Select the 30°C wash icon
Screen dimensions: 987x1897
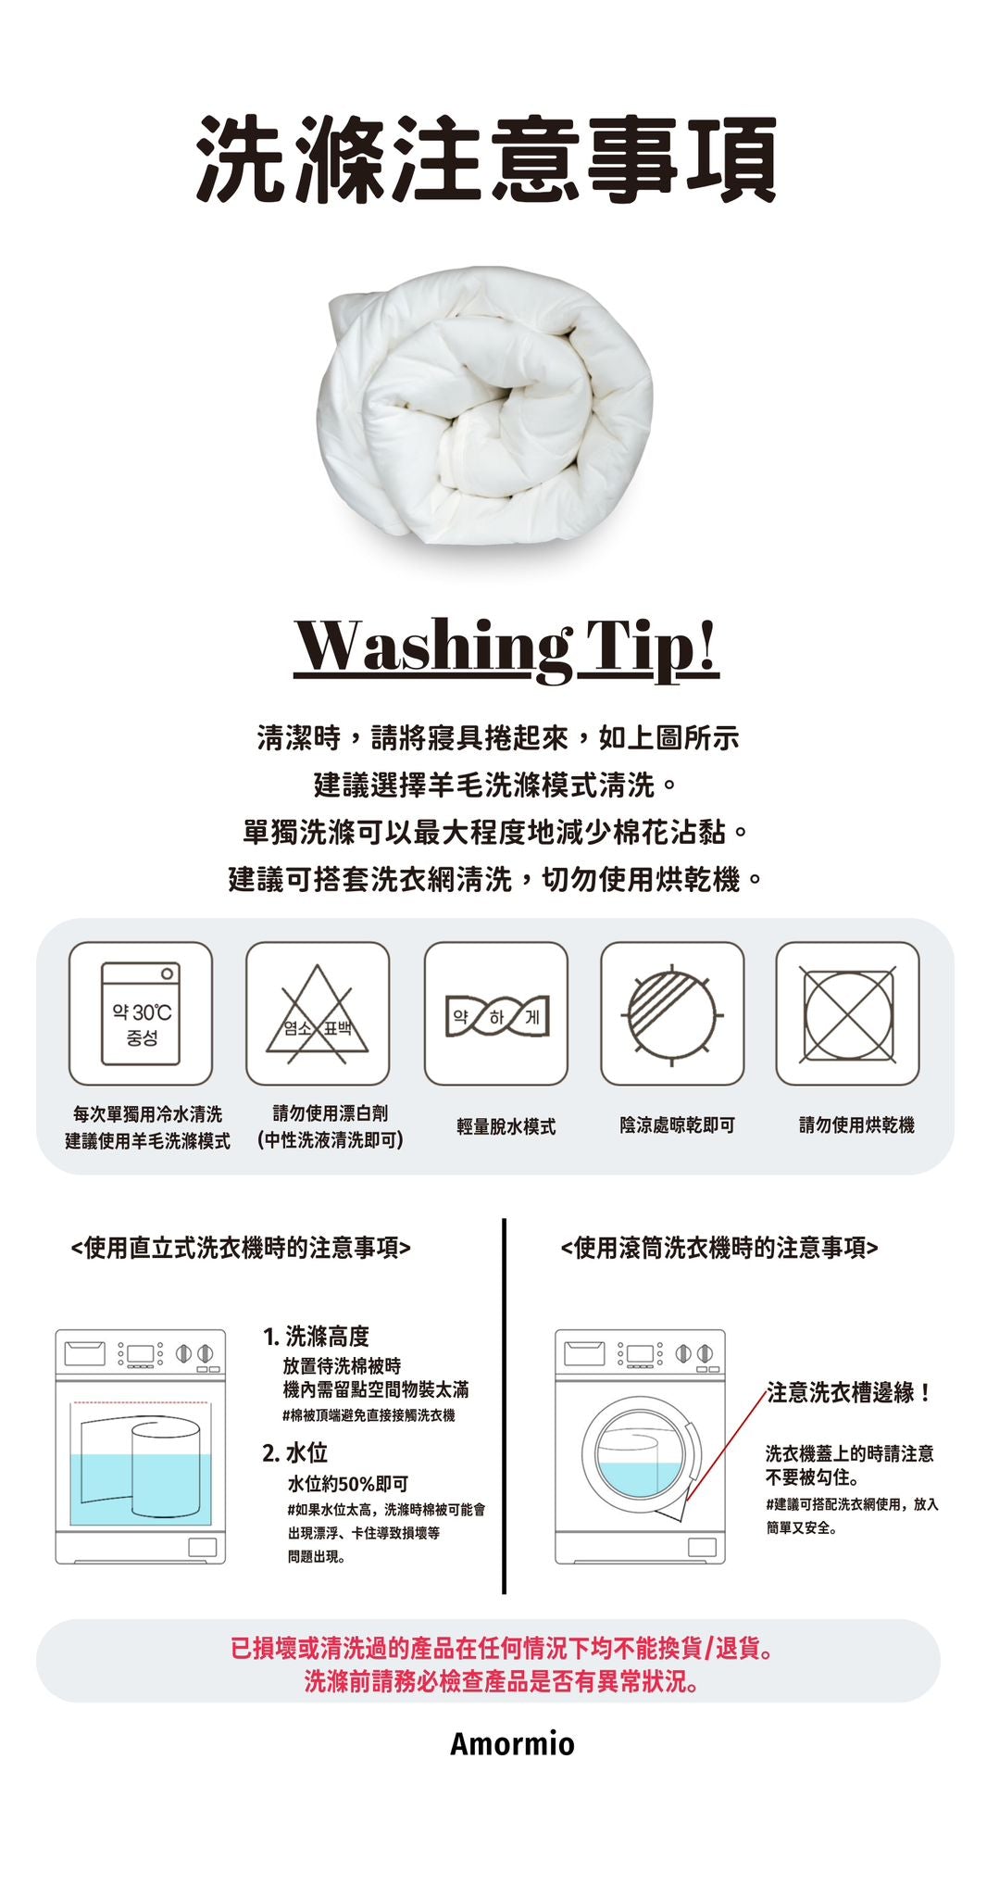click(x=141, y=1013)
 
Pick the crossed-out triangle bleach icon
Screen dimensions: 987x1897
click(x=318, y=1013)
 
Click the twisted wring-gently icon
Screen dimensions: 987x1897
click(x=495, y=1013)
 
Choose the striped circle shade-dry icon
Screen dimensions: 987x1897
click(x=672, y=1013)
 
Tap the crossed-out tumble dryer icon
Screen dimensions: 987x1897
click(x=848, y=1013)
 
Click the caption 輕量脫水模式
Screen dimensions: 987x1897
click(x=506, y=1126)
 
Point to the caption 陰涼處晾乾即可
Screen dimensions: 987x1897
click(x=678, y=1125)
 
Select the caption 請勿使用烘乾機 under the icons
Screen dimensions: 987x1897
click(x=856, y=1125)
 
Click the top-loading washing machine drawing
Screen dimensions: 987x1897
click(x=141, y=1447)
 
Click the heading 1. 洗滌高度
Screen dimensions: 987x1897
click(x=317, y=1336)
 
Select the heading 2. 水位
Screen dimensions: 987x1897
click(x=295, y=1452)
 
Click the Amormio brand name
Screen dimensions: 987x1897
click(x=512, y=1744)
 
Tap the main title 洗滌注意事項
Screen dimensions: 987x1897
click(x=487, y=158)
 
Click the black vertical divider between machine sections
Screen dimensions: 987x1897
click(x=504, y=1405)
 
